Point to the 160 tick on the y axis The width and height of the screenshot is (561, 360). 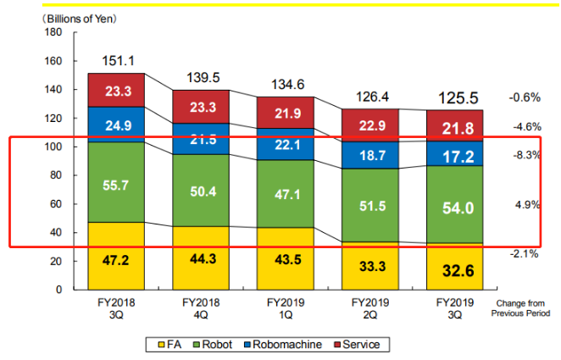pos(54,61)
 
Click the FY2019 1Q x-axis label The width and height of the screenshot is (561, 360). pos(286,308)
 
